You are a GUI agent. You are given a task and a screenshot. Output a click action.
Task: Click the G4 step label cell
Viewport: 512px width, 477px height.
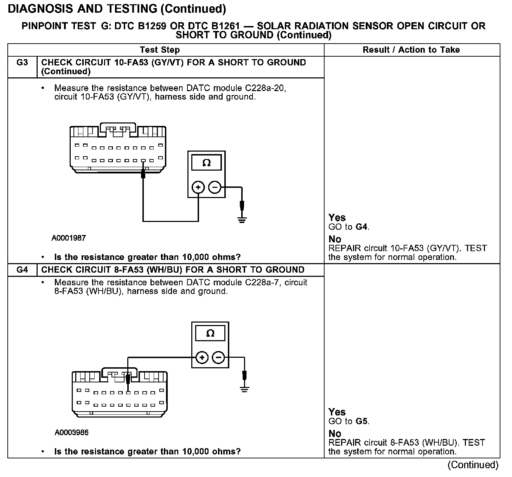click(x=22, y=270)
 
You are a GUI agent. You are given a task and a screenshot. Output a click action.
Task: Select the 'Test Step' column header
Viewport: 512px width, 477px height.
click(x=160, y=50)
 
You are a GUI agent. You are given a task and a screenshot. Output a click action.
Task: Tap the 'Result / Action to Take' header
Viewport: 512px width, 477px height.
click(x=411, y=50)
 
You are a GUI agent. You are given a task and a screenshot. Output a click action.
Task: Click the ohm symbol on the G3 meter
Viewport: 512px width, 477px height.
click(x=206, y=163)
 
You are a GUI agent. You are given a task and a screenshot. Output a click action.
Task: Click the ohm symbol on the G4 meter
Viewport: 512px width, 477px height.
click(x=210, y=333)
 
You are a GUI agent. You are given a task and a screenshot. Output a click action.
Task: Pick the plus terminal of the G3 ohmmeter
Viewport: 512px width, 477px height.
click(x=198, y=187)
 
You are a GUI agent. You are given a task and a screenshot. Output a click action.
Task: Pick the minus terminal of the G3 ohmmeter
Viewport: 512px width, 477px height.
click(x=215, y=187)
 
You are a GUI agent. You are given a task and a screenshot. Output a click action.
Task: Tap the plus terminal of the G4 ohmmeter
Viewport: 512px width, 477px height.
click(x=202, y=358)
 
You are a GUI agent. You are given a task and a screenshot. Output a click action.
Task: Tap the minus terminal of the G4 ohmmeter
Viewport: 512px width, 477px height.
click(x=219, y=358)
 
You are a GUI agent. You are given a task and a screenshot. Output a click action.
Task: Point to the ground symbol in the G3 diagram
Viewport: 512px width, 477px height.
click(x=242, y=220)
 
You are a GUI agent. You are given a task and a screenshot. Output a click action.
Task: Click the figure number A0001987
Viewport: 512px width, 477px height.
click(x=69, y=238)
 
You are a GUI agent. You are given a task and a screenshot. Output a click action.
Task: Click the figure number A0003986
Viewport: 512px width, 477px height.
click(x=71, y=432)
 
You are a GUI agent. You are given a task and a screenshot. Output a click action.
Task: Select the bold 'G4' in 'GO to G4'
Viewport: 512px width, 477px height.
click(x=362, y=227)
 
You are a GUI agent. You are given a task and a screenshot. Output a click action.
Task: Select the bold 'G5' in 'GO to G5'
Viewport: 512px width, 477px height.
click(x=362, y=421)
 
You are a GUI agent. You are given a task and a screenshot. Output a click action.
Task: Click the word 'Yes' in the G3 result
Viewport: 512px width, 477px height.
click(x=337, y=218)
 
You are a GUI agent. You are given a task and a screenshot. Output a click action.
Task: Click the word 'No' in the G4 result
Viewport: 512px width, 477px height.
click(x=335, y=433)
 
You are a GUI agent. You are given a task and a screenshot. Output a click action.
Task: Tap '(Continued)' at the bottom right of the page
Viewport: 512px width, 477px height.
click(x=473, y=465)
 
